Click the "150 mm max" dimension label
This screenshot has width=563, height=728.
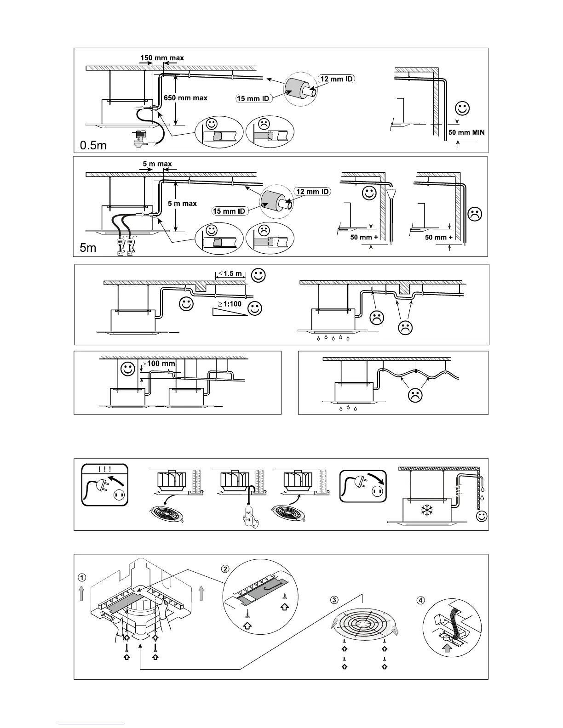[x=161, y=58]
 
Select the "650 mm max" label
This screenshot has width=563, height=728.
[x=185, y=98]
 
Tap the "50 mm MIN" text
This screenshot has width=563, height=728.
[x=466, y=132]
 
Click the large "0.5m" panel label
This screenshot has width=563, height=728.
[x=93, y=145]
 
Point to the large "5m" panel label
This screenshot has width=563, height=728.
[x=88, y=248]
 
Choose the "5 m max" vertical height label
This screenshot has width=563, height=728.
[x=183, y=204]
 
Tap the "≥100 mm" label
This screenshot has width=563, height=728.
[x=159, y=364]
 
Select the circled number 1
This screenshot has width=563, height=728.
[x=81, y=577]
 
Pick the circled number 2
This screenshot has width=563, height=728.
[x=225, y=569]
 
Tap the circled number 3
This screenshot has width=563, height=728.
[x=334, y=600]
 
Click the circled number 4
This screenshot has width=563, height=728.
[x=420, y=599]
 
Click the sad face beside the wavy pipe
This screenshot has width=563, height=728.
[x=416, y=396]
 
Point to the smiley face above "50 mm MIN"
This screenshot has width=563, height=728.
[x=463, y=109]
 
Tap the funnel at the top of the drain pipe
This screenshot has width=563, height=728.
[x=391, y=194]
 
